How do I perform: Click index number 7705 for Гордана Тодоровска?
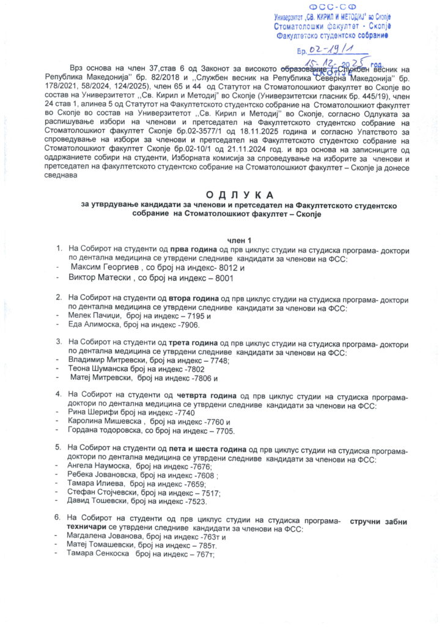[223, 432]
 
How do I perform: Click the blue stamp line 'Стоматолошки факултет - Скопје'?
[333, 27]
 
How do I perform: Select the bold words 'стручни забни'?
[379, 520]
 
